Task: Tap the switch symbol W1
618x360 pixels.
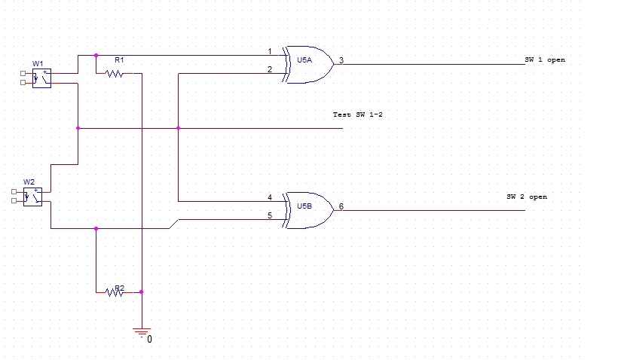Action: click(41, 78)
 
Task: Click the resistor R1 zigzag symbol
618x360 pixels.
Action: click(115, 73)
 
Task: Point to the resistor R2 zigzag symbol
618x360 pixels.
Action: click(115, 291)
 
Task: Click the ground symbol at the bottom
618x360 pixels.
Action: click(141, 330)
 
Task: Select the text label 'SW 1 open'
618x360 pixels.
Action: click(545, 59)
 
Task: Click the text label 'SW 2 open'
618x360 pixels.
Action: click(527, 197)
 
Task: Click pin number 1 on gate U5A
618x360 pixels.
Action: click(270, 51)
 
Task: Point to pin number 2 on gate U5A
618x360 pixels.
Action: click(270, 69)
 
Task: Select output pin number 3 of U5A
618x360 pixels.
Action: click(341, 60)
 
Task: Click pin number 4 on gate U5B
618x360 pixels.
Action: click(270, 197)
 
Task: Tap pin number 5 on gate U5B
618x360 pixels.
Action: click(270, 215)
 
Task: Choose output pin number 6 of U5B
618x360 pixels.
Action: click(341, 206)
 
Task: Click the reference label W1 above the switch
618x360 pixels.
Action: click(38, 63)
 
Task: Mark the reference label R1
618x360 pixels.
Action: click(119, 59)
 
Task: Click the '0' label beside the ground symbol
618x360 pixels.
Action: click(149, 340)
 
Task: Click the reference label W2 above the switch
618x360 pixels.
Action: click(29, 182)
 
